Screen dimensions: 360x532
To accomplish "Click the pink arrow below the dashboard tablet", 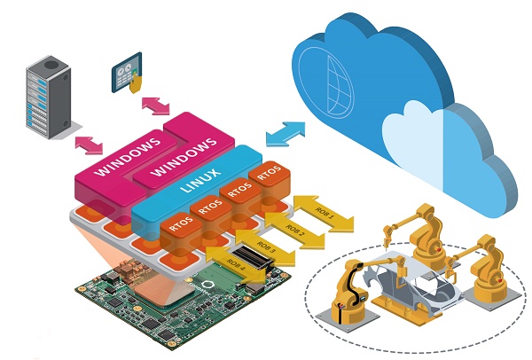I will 156,106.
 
